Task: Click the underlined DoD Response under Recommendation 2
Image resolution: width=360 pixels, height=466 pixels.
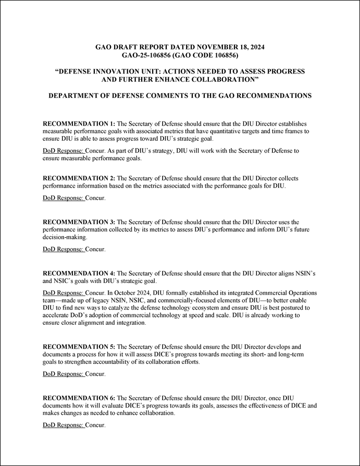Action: click(x=63, y=198)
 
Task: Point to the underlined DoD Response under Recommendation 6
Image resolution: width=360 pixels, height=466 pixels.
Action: click(x=63, y=425)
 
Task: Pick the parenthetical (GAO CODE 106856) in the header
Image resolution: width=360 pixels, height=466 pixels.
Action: click(x=205, y=55)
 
